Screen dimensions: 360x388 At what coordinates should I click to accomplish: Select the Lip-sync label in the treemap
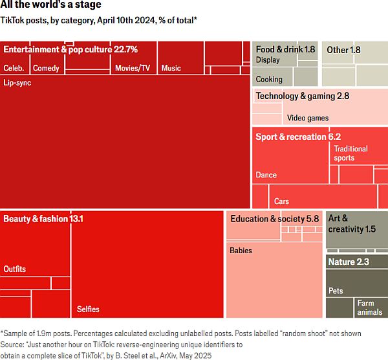pyautogui.click(x=17, y=83)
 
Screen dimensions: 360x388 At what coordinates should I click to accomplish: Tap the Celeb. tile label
pyautogui.click(x=14, y=68)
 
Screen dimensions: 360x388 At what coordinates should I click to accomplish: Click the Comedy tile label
pyautogui.click(x=46, y=68)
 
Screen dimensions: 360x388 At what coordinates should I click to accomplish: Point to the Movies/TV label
pyautogui.click(x=132, y=68)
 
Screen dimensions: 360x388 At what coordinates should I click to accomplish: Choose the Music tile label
pyautogui.click(x=171, y=68)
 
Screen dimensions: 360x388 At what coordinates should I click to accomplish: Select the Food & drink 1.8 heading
pyautogui.click(x=285, y=49)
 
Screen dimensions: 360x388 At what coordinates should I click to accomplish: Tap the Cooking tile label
pyautogui.click(x=269, y=80)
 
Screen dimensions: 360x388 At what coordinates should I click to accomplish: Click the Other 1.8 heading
pyautogui.click(x=343, y=49)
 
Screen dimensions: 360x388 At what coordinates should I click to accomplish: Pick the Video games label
pyautogui.click(x=308, y=118)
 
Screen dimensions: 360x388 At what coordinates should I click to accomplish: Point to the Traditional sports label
pyautogui.click(x=350, y=153)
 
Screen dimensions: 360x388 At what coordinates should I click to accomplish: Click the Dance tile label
pyautogui.click(x=266, y=175)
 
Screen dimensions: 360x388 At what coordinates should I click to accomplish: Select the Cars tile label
pyautogui.click(x=281, y=201)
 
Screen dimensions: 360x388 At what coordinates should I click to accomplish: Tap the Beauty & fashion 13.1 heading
pyautogui.click(x=43, y=219)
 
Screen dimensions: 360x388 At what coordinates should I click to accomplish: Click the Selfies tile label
pyautogui.click(x=88, y=309)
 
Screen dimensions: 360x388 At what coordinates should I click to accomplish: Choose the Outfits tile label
pyautogui.click(x=15, y=269)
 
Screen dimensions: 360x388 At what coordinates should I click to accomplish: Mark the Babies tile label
pyautogui.click(x=241, y=251)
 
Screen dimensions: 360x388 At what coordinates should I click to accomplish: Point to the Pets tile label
pyautogui.click(x=336, y=291)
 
